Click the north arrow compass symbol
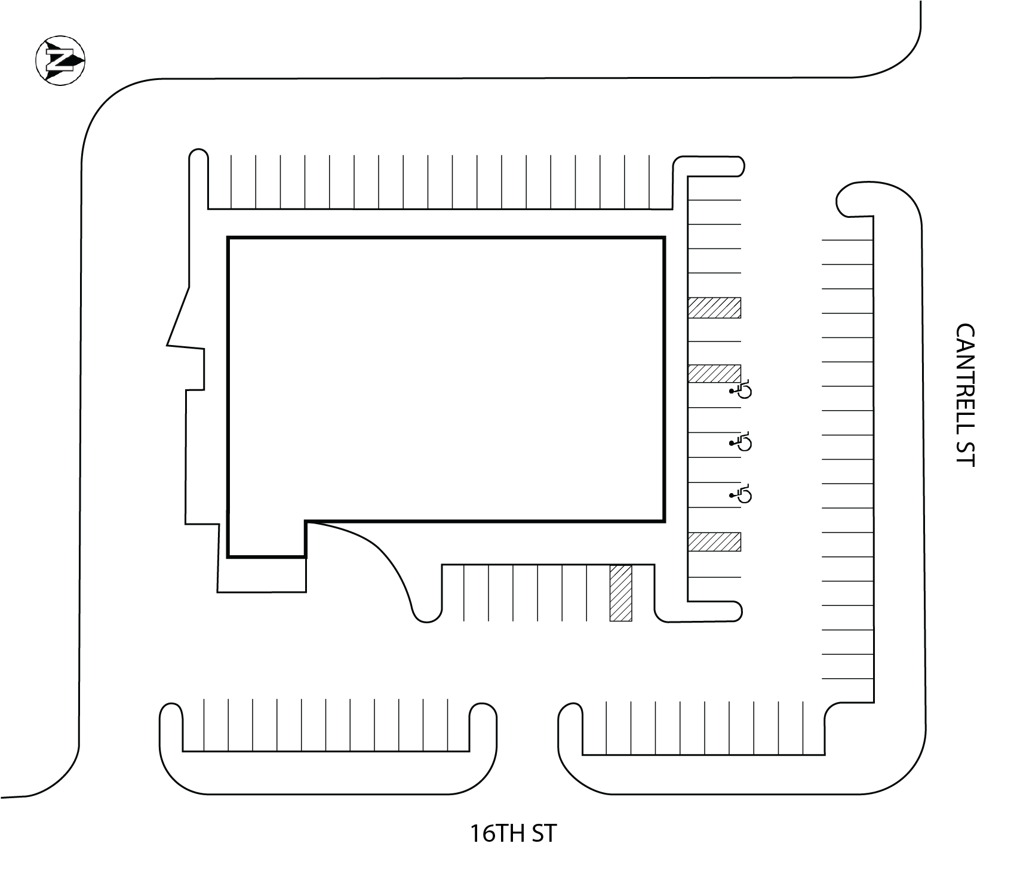click(x=60, y=60)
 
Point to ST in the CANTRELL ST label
click(x=965, y=453)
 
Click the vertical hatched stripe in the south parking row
click(x=620, y=593)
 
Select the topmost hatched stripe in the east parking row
click(x=714, y=307)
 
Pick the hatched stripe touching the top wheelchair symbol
click(x=714, y=374)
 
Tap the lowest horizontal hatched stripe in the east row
click(x=714, y=541)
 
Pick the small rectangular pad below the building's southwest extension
click(x=263, y=574)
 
